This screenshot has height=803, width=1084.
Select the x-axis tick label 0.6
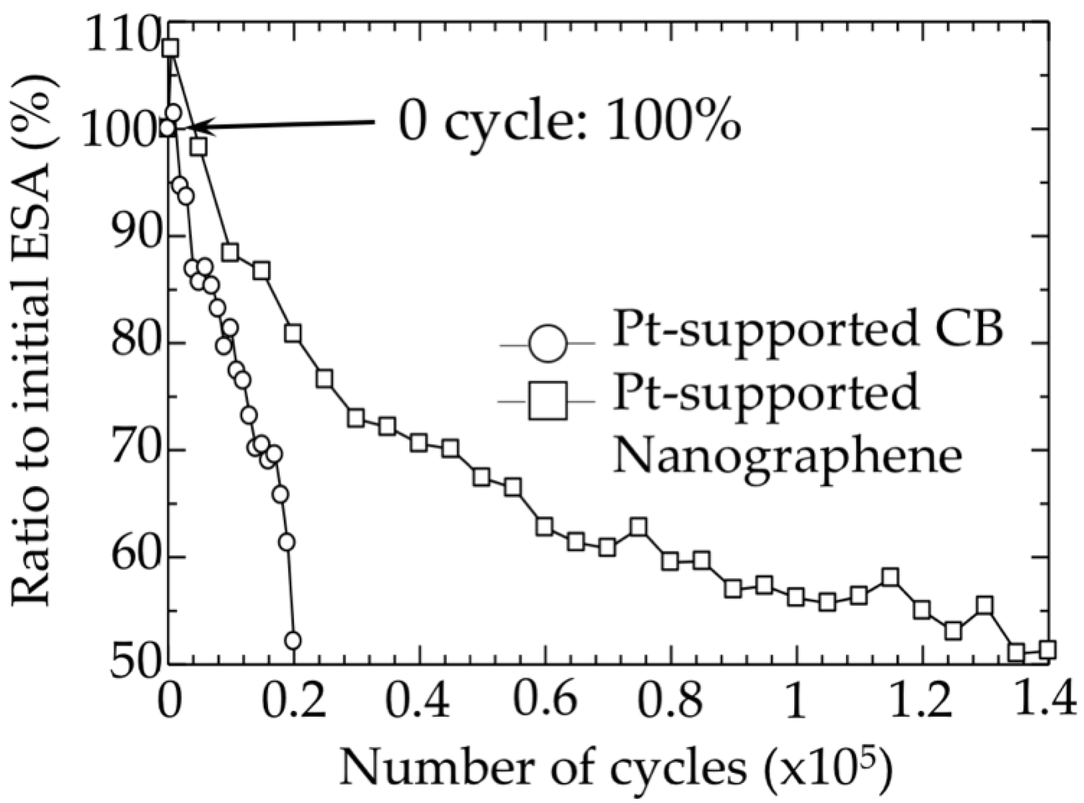(x=545, y=700)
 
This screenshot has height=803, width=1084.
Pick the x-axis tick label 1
(x=795, y=700)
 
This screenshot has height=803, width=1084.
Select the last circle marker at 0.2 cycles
(x=293, y=641)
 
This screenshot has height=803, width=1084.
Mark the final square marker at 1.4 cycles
(x=1047, y=650)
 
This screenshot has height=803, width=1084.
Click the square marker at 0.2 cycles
(x=293, y=334)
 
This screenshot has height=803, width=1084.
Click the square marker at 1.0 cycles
(x=795, y=597)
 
